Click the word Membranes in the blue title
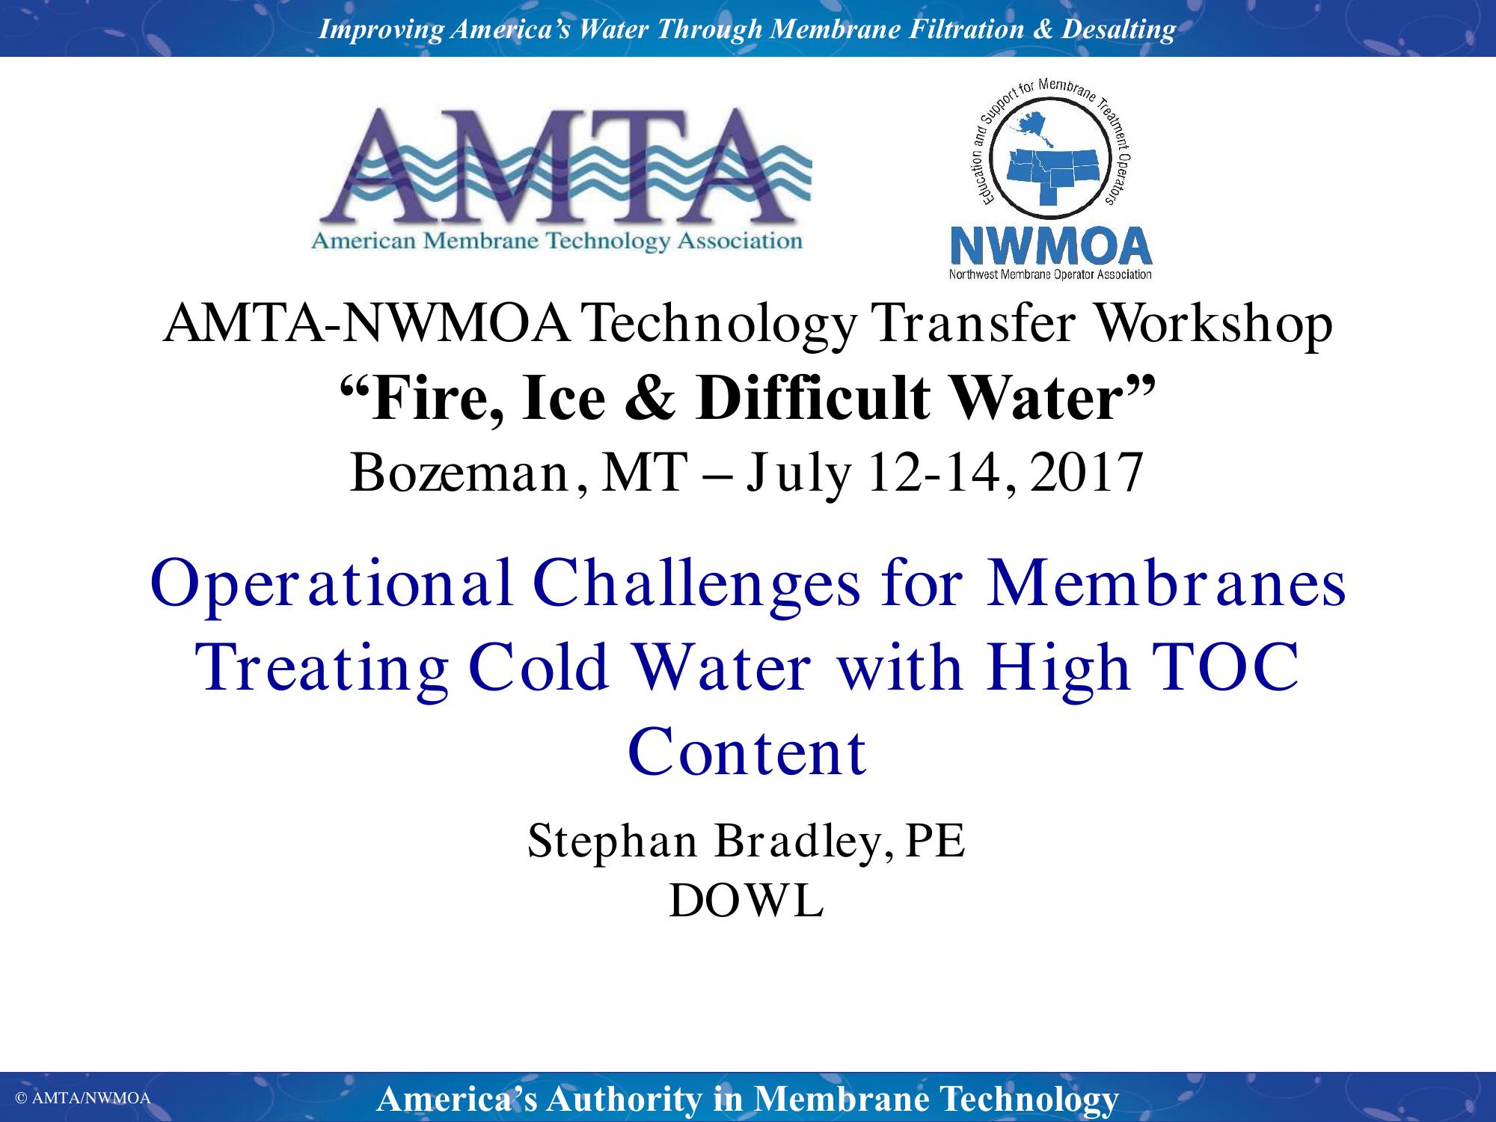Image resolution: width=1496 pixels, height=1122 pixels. (x=1166, y=584)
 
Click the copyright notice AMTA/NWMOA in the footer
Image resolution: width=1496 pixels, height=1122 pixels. (x=84, y=1098)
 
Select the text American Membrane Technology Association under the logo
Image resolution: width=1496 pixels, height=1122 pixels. (x=557, y=242)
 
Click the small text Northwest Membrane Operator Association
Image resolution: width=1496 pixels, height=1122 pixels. (x=1050, y=275)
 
